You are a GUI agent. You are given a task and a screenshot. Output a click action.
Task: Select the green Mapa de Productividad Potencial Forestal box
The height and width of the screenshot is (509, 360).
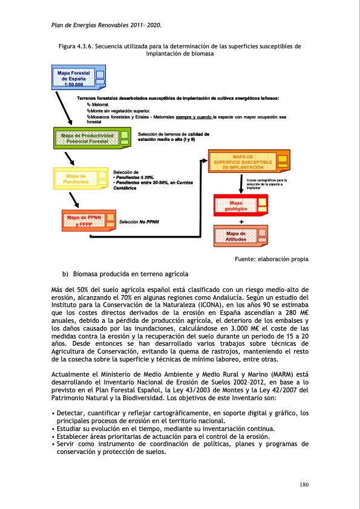coord(91,138)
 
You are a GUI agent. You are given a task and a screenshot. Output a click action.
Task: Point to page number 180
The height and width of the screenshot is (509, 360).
coord(304,484)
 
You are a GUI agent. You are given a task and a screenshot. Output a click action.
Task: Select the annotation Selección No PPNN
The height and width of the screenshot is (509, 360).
coord(139,222)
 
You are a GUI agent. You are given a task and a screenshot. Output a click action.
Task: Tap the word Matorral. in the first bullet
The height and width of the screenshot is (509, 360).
coord(97,105)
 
